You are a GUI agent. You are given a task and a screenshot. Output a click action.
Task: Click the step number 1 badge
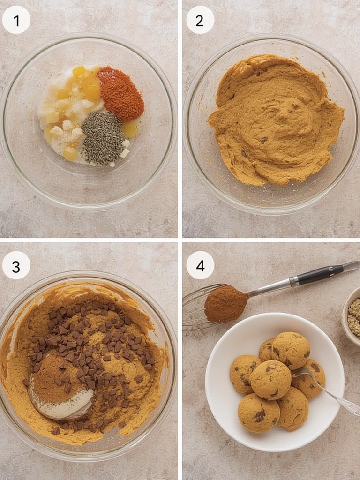pyautogui.click(x=16, y=20)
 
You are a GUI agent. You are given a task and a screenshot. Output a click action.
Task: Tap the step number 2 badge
pyautogui.click(x=200, y=20)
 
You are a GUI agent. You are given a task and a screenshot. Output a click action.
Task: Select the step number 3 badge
pyautogui.click(x=16, y=265)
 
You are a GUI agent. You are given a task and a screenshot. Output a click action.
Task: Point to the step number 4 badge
pyautogui.click(x=200, y=265)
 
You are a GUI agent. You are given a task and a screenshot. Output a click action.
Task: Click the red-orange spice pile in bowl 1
pyautogui.click(x=120, y=93)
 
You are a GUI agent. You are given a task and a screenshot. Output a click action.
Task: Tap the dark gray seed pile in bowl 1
pyautogui.click(x=103, y=138)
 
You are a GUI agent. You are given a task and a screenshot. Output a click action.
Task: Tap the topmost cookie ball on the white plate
pyautogui.click(x=291, y=350)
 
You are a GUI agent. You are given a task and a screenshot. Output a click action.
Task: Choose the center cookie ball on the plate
pyautogui.click(x=270, y=380)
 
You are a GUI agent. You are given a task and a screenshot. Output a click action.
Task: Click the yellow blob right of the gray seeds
pyautogui.click(x=129, y=130)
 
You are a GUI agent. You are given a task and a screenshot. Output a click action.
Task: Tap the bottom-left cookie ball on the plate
pyautogui.click(x=259, y=412)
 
